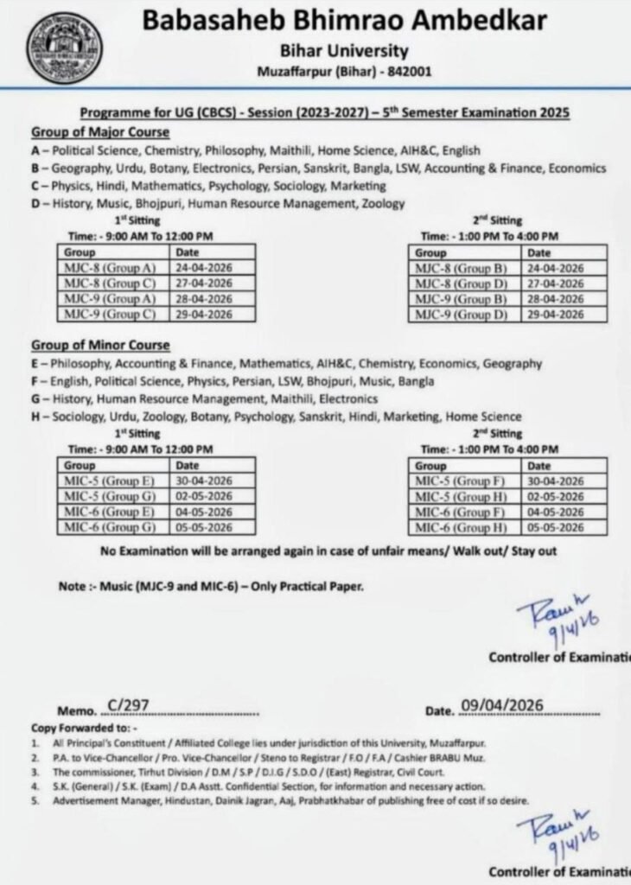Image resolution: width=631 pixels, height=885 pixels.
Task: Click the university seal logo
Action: [x=64, y=47]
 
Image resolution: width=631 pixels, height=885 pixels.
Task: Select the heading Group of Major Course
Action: [x=100, y=132]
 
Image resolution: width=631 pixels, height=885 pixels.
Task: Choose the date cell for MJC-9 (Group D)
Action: [x=555, y=315]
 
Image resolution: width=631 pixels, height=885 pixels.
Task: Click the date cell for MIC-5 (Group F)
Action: [x=555, y=481]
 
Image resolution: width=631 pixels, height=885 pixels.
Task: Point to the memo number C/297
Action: [x=126, y=705]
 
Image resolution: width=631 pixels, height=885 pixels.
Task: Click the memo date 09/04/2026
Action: [x=502, y=705]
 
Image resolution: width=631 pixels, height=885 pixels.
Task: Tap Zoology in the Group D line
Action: [x=380, y=204]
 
